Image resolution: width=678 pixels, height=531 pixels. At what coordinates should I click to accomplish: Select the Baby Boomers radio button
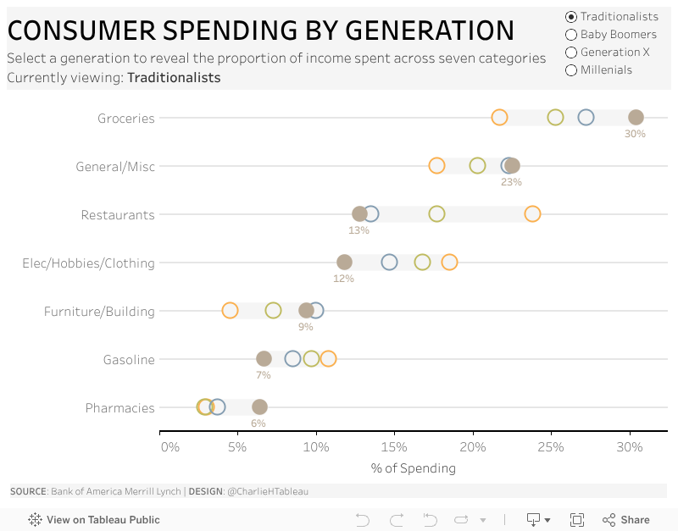571,35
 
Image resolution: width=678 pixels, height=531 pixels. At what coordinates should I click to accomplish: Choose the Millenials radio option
571,70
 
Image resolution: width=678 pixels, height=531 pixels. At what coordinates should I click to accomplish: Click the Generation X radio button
571,53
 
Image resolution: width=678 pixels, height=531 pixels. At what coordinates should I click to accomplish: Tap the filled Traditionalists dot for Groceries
636,118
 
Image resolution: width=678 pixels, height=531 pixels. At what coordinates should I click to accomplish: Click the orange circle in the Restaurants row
532,214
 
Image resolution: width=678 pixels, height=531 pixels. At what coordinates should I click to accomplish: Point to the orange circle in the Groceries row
500,118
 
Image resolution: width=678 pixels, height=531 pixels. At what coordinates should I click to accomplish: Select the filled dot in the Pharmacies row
259,407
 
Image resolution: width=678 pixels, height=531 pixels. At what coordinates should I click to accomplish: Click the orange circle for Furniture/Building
230,311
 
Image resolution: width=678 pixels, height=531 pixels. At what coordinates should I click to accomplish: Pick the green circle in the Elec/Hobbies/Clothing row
422,263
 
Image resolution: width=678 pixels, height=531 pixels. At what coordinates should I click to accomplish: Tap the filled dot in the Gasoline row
264,359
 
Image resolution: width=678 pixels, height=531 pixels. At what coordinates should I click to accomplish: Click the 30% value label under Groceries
636,134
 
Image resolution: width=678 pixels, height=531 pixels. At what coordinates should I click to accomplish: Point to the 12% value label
343,279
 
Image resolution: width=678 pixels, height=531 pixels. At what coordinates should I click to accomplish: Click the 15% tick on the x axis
394,447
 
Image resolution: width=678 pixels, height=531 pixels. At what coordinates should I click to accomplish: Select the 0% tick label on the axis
169,447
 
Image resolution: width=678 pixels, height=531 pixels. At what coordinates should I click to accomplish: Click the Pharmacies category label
120,408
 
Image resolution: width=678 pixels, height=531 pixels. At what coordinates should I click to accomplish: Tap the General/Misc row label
115,167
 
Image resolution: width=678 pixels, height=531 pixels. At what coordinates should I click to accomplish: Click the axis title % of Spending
414,468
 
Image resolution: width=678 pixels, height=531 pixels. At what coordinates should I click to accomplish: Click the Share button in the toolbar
626,520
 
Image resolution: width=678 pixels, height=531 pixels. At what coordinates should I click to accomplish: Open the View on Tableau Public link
94,520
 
